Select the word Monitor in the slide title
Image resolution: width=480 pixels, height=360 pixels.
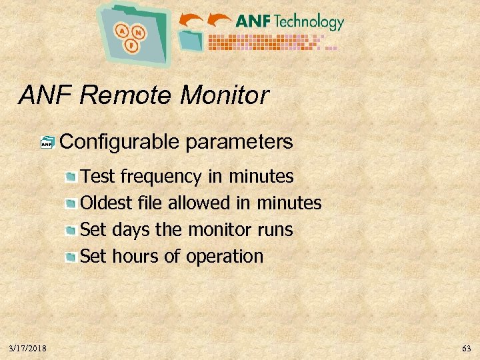pos(224,96)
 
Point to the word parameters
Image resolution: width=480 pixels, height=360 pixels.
pos(239,142)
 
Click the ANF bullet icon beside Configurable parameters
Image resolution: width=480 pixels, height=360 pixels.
pos(47,142)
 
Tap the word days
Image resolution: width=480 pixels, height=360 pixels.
pos(131,229)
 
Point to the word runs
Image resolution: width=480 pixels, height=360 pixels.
pos(275,229)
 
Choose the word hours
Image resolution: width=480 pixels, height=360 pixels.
pos(131,256)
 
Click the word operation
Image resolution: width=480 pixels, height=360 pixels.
pos(225,256)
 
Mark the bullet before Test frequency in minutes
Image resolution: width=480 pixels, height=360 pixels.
pos(71,177)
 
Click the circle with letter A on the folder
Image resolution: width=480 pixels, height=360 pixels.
pos(122,30)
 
